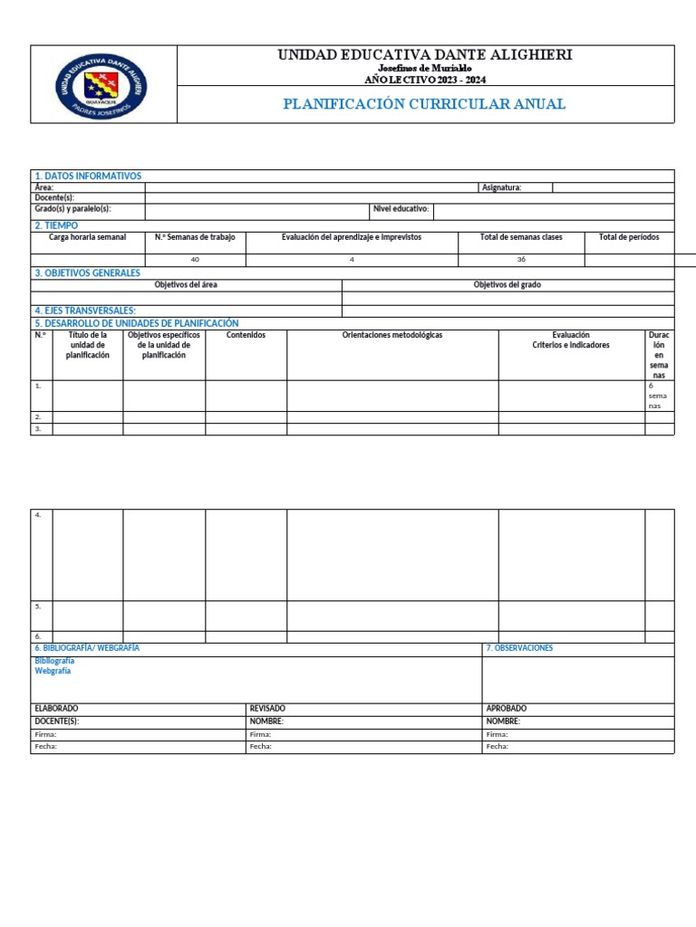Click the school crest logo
pos(102,85)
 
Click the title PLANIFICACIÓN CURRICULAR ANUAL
pos(424,104)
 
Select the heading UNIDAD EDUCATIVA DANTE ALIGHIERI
pos(424,55)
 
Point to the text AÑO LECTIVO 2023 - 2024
pos(424,79)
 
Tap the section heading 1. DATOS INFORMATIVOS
pos(88,176)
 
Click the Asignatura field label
pos(501,187)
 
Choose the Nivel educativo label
pos(401,209)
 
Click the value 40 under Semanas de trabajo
pos(195,260)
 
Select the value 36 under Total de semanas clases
pos(521,260)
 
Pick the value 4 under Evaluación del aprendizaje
pos(352,260)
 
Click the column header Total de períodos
pos(629,237)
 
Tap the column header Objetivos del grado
pos(507,284)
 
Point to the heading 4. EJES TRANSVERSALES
pos(85,311)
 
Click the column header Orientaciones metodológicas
pos(391,335)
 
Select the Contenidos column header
pos(246,335)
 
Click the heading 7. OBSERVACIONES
pos(519,648)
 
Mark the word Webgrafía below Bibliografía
pos(53,671)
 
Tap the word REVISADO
pos(267,708)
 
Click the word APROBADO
pos(506,708)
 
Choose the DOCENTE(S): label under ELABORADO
pos(56,722)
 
